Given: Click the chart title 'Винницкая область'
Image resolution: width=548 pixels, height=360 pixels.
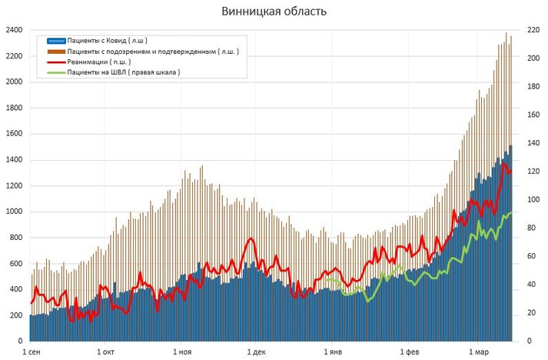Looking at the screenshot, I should [x=274, y=12].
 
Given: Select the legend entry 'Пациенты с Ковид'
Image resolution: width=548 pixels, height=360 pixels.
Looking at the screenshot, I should [x=108, y=41].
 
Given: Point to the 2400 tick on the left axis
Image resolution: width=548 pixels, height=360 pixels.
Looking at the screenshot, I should [x=13, y=30].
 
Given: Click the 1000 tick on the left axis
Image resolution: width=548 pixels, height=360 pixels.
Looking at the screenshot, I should [x=13, y=212].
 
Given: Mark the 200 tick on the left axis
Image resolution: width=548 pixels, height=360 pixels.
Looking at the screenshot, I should [x=15, y=315].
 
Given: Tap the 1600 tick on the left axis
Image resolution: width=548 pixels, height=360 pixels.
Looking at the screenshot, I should [x=13, y=134].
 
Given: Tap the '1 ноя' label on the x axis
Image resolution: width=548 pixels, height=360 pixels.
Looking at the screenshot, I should [x=182, y=352].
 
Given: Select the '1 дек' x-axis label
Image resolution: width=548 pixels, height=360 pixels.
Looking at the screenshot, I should [x=257, y=352].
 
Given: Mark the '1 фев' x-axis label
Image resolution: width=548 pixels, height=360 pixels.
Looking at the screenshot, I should [x=408, y=352].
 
